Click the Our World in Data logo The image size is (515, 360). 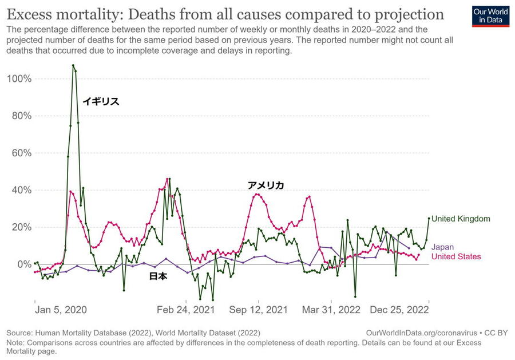(490, 17)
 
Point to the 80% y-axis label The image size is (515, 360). (20, 116)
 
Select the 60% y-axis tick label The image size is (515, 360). (20, 153)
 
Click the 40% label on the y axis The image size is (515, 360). (20, 190)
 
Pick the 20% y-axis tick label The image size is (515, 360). (20, 227)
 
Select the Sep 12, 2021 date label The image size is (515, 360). (259, 310)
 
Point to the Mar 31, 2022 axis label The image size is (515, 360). (331, 310)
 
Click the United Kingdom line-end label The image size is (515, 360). (461, 219)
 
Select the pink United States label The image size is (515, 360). (456, 257)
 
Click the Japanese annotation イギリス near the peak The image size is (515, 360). (101, 102)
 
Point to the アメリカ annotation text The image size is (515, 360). (266, 185)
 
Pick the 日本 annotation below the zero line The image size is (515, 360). (158, 276)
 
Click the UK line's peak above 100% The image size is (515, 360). (73, 65)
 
